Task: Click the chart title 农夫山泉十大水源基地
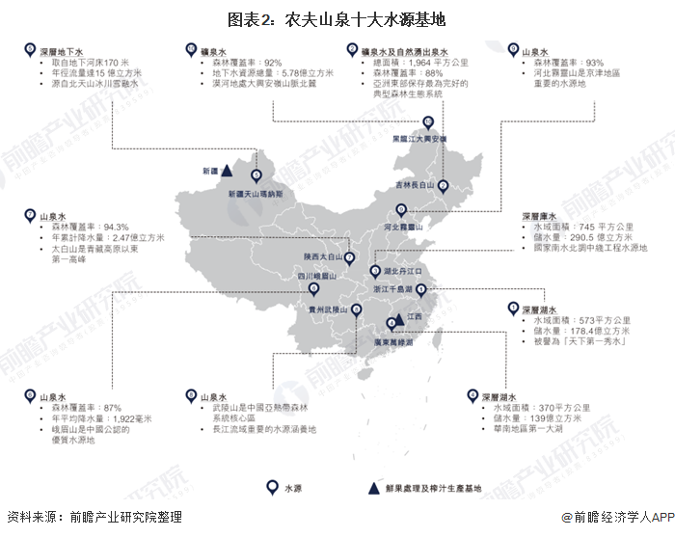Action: [x=337, y=19]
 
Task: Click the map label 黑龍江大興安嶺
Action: [x=418, y=139]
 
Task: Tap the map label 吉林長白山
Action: [x=418, y=184]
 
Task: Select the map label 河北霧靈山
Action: [x=403, y=226]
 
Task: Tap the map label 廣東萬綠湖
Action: [x=385, y=343]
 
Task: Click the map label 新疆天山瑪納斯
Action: [x=256, y=194]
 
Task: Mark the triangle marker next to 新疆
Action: [x=225, y=171]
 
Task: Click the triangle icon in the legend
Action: [x=370, y=489]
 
